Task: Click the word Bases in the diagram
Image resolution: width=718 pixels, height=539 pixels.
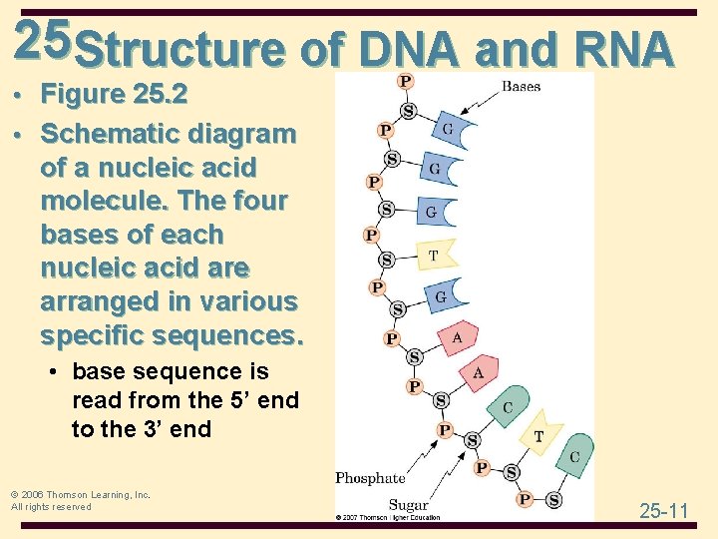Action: pos(521,87)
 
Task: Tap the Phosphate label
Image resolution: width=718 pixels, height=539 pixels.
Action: pos(370,478)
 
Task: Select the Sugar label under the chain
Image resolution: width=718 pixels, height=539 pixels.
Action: pos(408,505)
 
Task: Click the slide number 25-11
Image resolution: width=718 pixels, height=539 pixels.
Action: pos(664,511)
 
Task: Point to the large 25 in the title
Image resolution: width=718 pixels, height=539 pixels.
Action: pos(42,39)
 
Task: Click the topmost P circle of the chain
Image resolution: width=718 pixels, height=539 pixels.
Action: pos(406,81)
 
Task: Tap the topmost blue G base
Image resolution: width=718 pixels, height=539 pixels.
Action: pos(451,131)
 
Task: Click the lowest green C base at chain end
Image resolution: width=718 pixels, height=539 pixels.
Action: pos(575,456)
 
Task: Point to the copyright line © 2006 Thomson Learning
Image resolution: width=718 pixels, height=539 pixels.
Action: pos(80,494)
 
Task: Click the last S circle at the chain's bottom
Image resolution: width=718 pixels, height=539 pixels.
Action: pos(553,499)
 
